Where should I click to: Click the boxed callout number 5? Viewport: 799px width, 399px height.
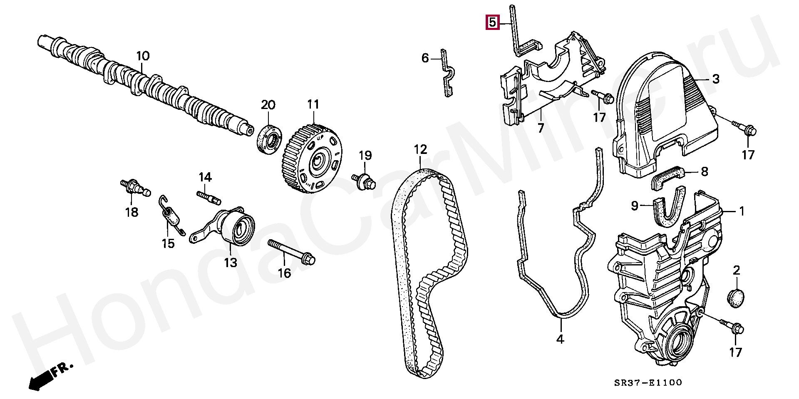click(492, 22)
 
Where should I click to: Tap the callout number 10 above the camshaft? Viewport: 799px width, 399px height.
click(143, 56)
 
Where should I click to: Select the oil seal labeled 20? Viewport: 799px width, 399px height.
click(269, 139)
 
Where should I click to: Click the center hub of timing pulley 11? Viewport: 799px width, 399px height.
click(318, 161)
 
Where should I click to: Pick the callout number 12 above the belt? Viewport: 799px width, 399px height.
click(420, 149)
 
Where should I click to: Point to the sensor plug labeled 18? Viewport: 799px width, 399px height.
click(135, 188)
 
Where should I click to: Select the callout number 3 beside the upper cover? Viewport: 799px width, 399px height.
click(715, 79)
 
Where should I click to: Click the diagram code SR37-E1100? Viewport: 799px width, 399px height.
click(648, 382)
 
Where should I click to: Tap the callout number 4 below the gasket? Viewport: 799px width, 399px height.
click(560, 339)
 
